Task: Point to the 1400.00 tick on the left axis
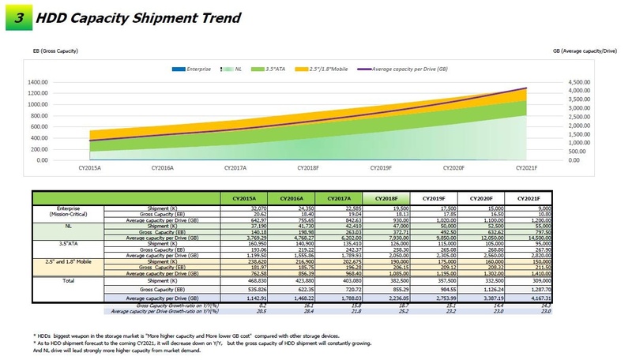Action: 39,82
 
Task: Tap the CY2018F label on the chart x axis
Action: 309,168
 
